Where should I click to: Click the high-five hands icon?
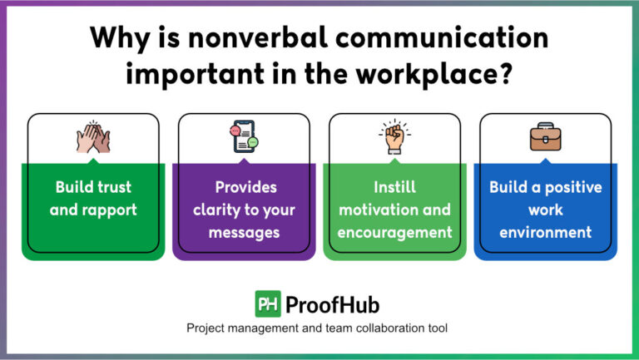pyautogui.click(x=93, y=137)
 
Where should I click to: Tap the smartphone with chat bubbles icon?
pyautogui.click(x=244, y=137)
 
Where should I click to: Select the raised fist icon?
pyautogui.click(x=394, y=137)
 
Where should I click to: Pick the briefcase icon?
pyautogui.click(x=546, y=137)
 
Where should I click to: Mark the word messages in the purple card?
pyautogui.click(x=244, y=232)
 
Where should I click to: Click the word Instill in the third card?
pyautogui.click(x=395, y=187)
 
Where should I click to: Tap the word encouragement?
pyautogui.click(x=395, y=232)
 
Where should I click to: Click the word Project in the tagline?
pyautogui.click(x=208, y=328)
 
